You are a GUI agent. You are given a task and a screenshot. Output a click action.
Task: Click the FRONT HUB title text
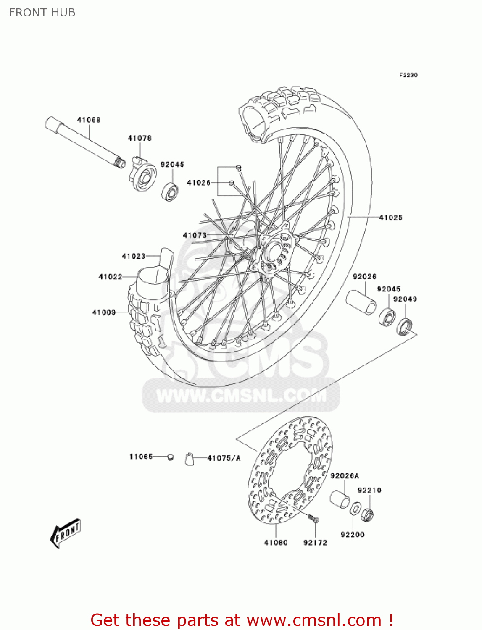(42, 13)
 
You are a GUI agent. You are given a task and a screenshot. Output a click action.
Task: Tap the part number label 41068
(89, 120)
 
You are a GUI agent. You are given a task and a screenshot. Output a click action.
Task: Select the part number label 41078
(140, 138)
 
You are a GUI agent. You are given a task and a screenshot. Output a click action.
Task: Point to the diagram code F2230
(408, 75)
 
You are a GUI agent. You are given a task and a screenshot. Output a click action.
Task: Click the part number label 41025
(391, 218)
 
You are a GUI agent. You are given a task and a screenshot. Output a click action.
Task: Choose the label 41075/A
(224, 458)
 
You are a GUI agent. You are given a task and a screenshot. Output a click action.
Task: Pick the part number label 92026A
(345, 476)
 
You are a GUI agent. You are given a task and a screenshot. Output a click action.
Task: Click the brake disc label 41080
(276, 543)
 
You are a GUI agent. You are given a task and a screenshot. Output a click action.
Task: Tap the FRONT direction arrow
(66, 533)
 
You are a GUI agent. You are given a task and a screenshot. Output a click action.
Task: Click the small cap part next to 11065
(170, 457)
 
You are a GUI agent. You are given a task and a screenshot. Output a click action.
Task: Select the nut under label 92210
(367, 514)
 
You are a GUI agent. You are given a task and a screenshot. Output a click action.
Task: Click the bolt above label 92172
(313, 519)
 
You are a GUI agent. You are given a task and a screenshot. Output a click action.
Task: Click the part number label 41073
(195, 235)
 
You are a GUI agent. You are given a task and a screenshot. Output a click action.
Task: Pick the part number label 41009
(104, 312)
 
